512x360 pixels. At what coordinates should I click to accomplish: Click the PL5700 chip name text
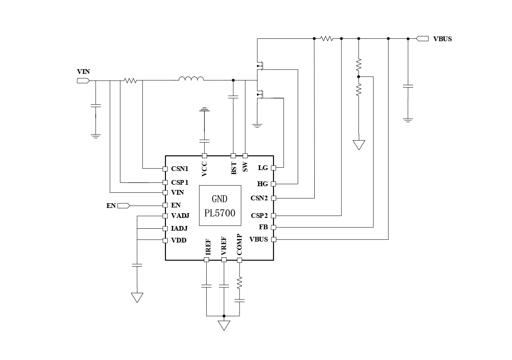point(219,213)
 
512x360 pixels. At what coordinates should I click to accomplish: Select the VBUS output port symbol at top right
point(422,39)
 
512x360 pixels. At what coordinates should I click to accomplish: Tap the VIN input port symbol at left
point(83,81)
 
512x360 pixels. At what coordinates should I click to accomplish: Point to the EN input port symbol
point(123,206)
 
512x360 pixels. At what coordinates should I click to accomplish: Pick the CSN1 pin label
point(180,169)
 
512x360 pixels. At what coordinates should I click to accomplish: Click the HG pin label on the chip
point(263,184)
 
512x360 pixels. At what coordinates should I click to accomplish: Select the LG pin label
point(263,168)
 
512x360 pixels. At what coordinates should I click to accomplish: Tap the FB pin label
point(264,227)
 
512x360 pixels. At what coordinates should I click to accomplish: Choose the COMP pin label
point(239,244)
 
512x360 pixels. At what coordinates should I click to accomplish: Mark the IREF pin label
point(208,247)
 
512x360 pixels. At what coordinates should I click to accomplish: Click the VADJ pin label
point(180,216)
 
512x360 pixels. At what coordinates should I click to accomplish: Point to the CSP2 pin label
point(259,216)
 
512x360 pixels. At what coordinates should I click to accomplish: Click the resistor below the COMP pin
point(239,282)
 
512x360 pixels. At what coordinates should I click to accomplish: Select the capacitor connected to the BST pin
point(233,97)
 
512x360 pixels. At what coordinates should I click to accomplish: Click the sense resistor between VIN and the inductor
point(130,81)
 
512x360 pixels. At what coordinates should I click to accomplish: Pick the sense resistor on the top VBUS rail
point(327,39)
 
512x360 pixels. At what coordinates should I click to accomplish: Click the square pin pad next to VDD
point(165,241)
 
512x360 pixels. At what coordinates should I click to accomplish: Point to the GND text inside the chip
point(219,199)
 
